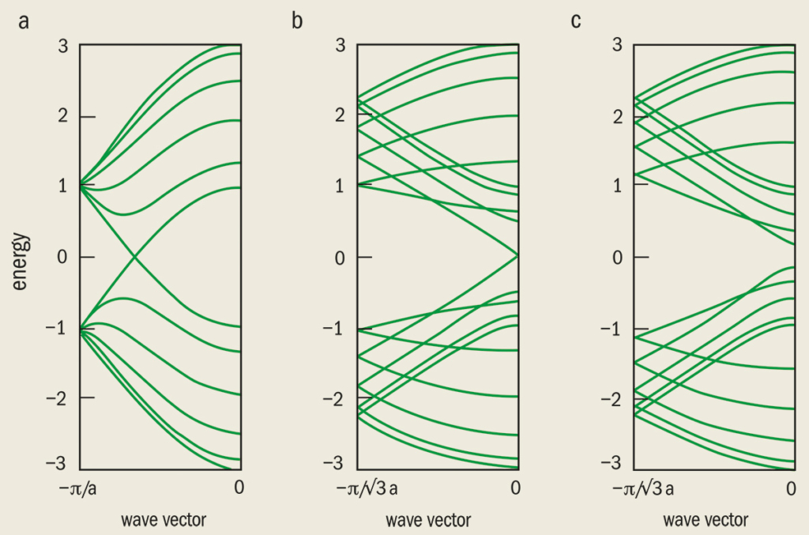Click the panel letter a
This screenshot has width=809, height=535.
[24, 21]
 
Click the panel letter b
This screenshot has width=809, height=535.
[297, 21]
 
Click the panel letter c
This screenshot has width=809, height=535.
[575, 21]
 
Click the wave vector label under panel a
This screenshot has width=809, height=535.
[164, 520]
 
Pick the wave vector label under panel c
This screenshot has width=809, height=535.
[705, 520]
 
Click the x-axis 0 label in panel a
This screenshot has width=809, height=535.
[239, 489]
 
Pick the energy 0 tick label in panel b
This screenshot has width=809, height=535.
[341, 258]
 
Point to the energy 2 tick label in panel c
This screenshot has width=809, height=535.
[618, 116]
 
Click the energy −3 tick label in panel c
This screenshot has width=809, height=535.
[613, 462]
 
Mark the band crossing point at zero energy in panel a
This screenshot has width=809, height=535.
[136, 257]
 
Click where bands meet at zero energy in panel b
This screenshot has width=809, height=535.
[516, 256]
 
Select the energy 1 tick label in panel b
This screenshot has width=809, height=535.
[341, 186]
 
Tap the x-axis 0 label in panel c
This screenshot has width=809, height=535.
[791, 489]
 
